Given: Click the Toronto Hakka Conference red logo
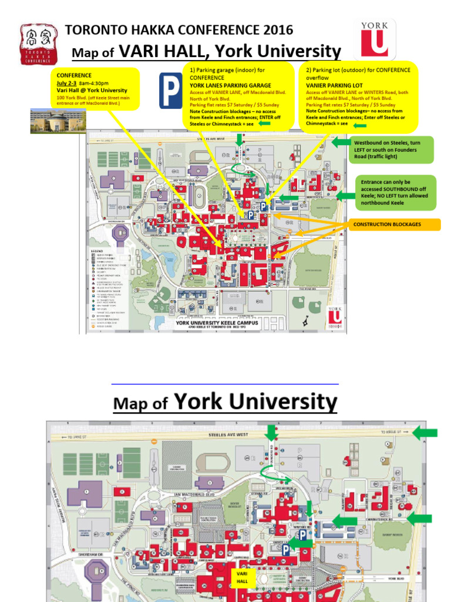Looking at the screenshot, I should point(40,45).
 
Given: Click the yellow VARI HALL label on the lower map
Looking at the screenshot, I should point(243,577).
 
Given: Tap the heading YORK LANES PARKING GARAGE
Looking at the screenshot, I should point(230,85).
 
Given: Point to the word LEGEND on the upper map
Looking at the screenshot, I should point(97,251).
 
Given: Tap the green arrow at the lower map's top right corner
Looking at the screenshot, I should point(425,433).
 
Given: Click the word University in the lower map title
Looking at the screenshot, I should point(285,403).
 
